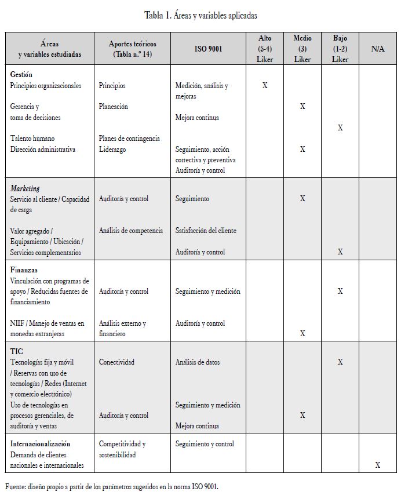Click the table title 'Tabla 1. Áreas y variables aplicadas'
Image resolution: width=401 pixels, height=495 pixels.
pos(200,16)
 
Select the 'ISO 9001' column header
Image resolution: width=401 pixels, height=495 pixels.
pos(208,49)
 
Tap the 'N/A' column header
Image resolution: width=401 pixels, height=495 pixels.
pos(378,49)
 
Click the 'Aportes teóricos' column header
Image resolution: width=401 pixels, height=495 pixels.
pos(132,49)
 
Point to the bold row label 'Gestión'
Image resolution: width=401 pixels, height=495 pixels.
pos(21,75)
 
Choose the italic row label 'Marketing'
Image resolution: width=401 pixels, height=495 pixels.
pos(25,188)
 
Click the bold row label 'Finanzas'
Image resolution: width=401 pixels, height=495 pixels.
pos(24,270)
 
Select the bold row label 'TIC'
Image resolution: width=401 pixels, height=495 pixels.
pos(17,351)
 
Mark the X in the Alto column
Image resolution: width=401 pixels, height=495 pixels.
pos(265,85)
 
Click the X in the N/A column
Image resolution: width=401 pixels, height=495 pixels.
pos(378,465)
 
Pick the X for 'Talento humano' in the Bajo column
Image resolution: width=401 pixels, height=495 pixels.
pos(340,128)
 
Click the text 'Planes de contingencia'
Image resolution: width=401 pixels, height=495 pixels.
pos(129,139)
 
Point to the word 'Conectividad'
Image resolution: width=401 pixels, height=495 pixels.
pos(116,362)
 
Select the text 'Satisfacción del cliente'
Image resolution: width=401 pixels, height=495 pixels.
pos(206,231)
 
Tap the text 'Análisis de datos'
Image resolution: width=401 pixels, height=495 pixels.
pos(198,362)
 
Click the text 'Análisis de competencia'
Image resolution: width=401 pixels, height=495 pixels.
pos(131,231)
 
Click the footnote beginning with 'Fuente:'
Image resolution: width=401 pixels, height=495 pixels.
pos(112,486)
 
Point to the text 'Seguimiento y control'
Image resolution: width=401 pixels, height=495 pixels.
pos(205,444)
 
